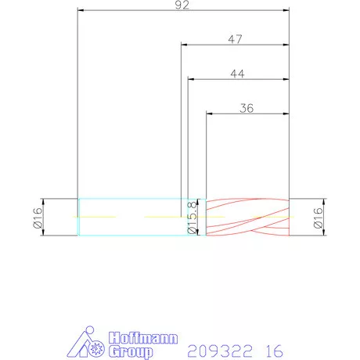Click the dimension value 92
[182, 5]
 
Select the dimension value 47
[235, 39]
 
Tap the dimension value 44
[237, 74]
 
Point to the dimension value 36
[247, 108]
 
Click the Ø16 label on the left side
[38, 218]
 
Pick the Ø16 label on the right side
[319, 218]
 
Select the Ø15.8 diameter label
[192, 218]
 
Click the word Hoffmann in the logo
[143, 338]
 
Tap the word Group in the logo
[131, 351]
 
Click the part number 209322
[220, 351]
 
